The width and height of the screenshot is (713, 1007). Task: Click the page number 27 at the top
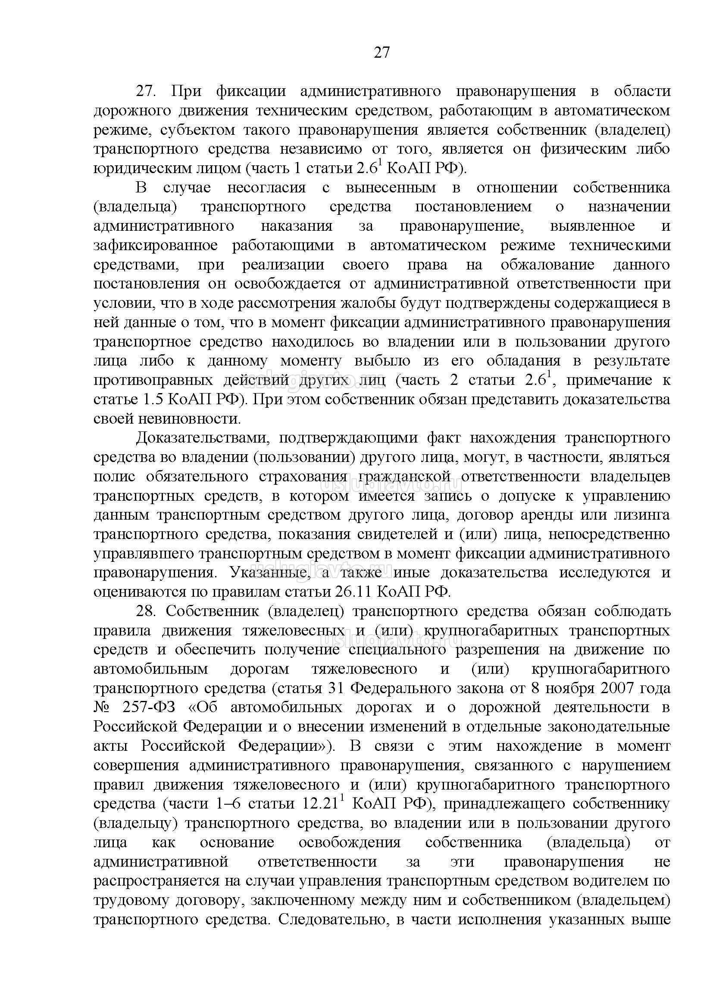382,53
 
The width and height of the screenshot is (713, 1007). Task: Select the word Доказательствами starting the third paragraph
200,438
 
